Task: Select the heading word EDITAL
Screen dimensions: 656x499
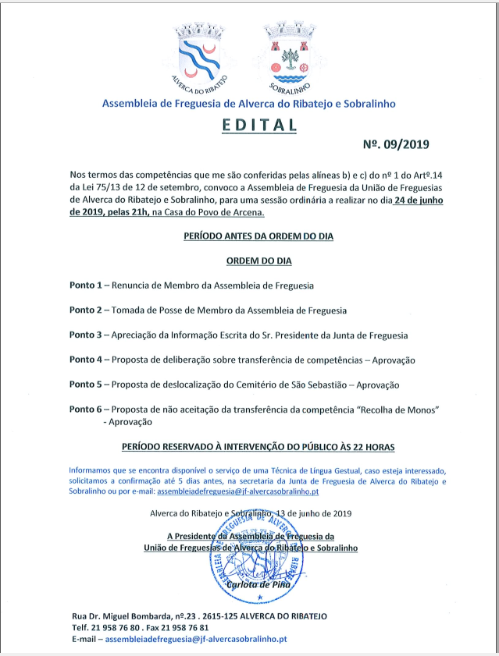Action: (248, 125)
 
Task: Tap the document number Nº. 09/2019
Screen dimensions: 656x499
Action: (397, 144)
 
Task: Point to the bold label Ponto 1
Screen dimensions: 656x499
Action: (86, 285)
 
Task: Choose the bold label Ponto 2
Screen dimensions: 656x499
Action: (86, 310)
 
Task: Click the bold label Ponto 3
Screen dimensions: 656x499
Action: (86, 335)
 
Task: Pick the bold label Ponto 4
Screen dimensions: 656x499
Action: (86, 360)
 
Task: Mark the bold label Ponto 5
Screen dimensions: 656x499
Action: (86, 385)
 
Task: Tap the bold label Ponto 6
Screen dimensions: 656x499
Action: (86, 410)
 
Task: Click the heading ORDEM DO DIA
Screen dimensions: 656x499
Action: (248, 261)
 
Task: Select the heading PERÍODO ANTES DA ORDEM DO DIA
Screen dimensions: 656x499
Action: (248, 236)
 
